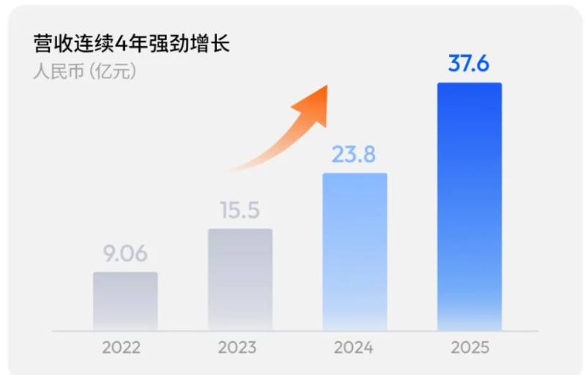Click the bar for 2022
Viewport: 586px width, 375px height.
[125, 301]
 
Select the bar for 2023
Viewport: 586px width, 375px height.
[240, 279]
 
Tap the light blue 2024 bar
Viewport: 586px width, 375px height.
[355, 251]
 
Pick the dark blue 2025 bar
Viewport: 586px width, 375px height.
[470, 206]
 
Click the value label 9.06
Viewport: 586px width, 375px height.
[125, 254]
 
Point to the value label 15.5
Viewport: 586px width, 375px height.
[240, 211]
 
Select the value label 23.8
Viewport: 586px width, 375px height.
[355, 155]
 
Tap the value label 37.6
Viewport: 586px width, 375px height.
[469, 64]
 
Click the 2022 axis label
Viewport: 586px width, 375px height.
[122, 347]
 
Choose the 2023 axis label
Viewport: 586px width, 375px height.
[237, 347]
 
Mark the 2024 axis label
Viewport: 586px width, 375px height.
[353, 347]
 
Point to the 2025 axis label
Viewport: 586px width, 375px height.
[470, 347]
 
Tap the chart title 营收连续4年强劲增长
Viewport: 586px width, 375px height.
[132, 43]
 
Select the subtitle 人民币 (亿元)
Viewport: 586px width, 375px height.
[85, 72]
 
